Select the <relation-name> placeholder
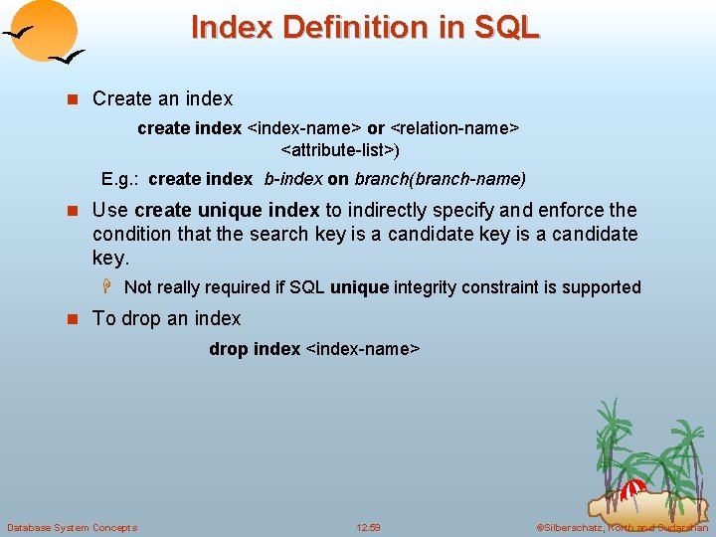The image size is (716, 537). (x=454, y=128)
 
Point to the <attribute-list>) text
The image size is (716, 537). (x=340, y=150)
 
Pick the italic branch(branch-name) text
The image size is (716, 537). (x=440, y=179)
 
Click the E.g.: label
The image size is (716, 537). (x=121, y=179)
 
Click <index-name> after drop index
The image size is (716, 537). (x=363, y=349)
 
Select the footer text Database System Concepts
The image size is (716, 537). (x=72, y=527)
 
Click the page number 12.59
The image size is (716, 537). (x=368, y=527)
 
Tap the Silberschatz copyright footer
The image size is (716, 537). (x=623, y=527)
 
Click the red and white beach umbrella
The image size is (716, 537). (x=632, y=488)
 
